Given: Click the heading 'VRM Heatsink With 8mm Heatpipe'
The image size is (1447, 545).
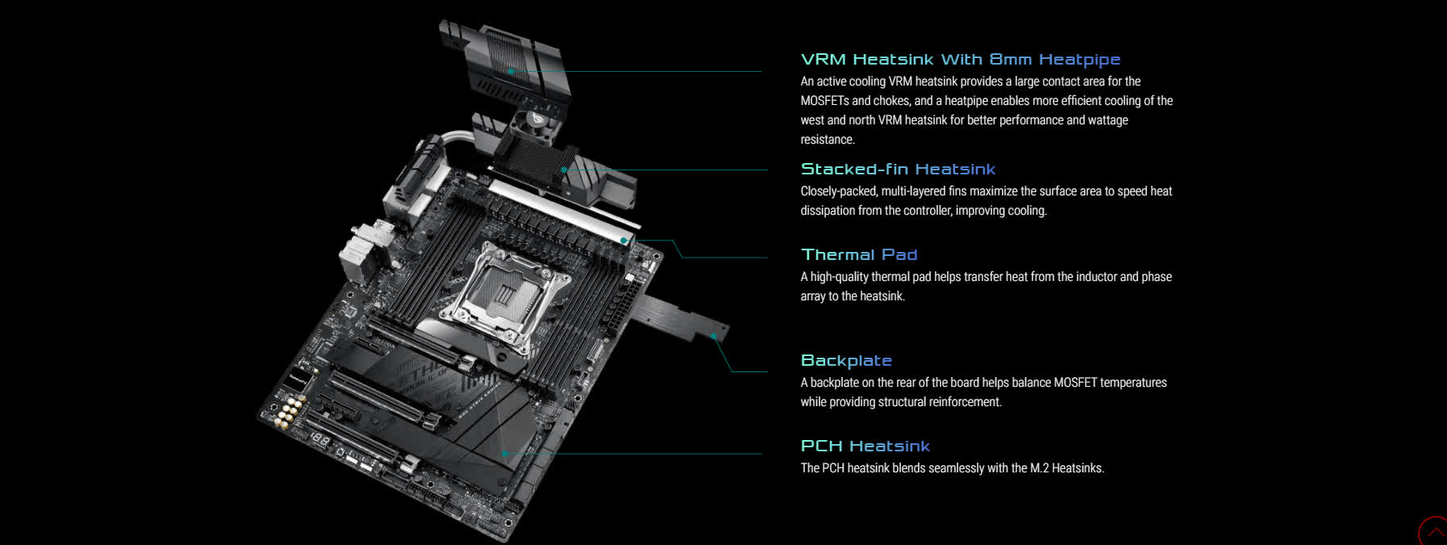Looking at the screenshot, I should pyautogui.click(x=960, y=60).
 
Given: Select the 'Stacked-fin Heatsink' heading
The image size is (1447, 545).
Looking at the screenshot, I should pyautogui.click(x=898, y=170).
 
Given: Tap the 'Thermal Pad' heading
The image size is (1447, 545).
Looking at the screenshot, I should pyautogui.click(x=859, y=255).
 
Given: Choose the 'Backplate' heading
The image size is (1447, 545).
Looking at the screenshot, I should pyautogui.click(x=846, y=361).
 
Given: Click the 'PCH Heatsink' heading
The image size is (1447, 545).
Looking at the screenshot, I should pyautogui.click(x=865, y=446).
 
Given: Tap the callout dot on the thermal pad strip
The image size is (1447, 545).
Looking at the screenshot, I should pyautogui.click(x=623, y=241).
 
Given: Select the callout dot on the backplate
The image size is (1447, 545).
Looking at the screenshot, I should pyautogui.click(x=714, y=336).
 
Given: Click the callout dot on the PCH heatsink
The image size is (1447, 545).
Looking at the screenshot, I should pyautogui.click(x=504, y=453).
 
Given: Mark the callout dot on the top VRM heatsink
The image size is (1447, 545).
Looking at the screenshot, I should pyautogui.click(x=511, y=71).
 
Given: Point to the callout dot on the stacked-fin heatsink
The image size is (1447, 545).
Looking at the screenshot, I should pyautogui.click(x=564, y=170).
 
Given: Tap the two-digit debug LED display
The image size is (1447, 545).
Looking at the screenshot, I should pyautogui.click(x=320, y=442).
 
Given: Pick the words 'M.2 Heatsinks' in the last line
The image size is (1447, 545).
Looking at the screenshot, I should pyautogui.click(x=1066, y=468).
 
